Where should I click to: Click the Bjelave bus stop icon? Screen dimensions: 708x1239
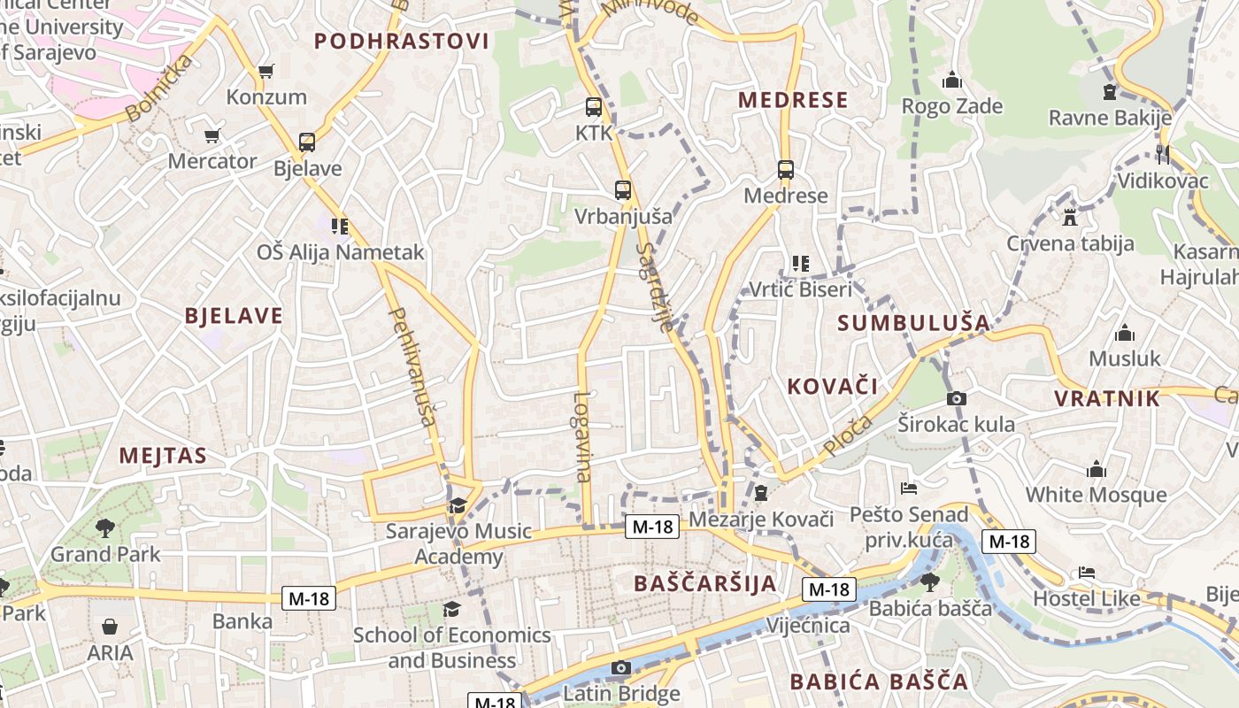click(307, 142)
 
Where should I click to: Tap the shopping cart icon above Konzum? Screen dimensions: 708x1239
click(265, 71)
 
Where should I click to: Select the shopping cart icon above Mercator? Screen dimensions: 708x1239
click(212, 135)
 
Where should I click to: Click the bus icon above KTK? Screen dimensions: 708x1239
click(594, 107)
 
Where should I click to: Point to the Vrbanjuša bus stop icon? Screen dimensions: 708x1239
click(623, 189)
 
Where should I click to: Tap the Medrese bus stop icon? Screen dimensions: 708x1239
click(785, 170)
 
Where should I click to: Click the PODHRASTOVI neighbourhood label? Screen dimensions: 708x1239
click(402, 41)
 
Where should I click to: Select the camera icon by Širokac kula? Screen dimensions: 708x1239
click(956, 399)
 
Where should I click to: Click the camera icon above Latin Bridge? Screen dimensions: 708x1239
click(621, 667)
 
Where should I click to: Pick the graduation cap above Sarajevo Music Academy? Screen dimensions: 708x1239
click(458, 505)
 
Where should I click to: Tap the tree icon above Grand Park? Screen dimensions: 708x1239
click(105, 528)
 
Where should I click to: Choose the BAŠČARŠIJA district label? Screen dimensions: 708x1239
click(705, 583)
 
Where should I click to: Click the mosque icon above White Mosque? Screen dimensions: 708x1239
click(1097, 469)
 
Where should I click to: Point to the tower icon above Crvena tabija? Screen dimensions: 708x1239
click(1070, 217)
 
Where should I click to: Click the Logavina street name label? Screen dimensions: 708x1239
click(581, 436)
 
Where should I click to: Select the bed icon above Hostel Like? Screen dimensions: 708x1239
click(1087, 573)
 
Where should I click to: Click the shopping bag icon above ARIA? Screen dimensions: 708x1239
click(110, 627)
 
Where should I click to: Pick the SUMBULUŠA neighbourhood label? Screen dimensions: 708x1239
click(913, 322)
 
